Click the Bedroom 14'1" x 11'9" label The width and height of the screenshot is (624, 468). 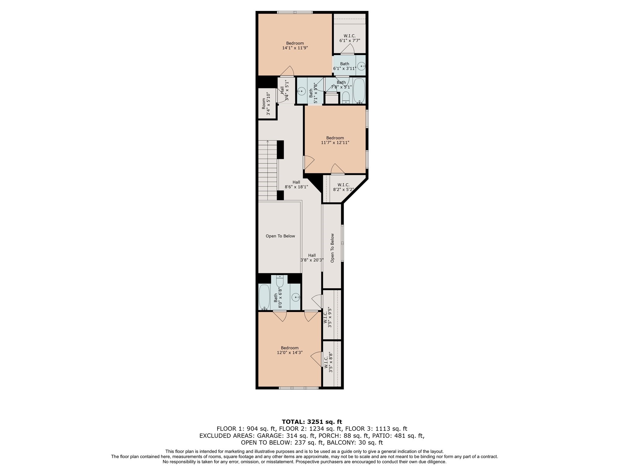(295, 46)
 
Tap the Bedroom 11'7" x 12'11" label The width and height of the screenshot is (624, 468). (335, 140)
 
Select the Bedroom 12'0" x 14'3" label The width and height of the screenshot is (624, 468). (289, 350)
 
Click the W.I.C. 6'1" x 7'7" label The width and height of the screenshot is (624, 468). (349, 38)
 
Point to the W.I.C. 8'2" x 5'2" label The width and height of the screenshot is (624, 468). (343, 187)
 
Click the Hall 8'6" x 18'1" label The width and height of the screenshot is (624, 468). (296, 184)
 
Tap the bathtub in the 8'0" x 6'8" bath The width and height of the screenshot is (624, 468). (264, 297)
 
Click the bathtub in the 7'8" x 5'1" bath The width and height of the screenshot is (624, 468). (359, 90)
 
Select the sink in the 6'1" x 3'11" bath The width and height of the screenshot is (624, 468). (361, 66)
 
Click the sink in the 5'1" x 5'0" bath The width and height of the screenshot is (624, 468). (302, 91)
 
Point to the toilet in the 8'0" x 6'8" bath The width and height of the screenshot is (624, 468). (280, 281)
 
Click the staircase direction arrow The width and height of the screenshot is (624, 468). (268, 142)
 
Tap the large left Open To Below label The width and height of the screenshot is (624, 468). (280, 236)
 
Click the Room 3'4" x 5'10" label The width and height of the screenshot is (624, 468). (266, 104)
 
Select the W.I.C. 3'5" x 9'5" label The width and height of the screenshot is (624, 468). (327, 319)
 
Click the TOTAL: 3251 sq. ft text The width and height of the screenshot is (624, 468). (312, 422)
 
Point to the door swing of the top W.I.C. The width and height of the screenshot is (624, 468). (348, 49)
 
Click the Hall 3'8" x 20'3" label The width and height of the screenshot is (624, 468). (312, 258)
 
